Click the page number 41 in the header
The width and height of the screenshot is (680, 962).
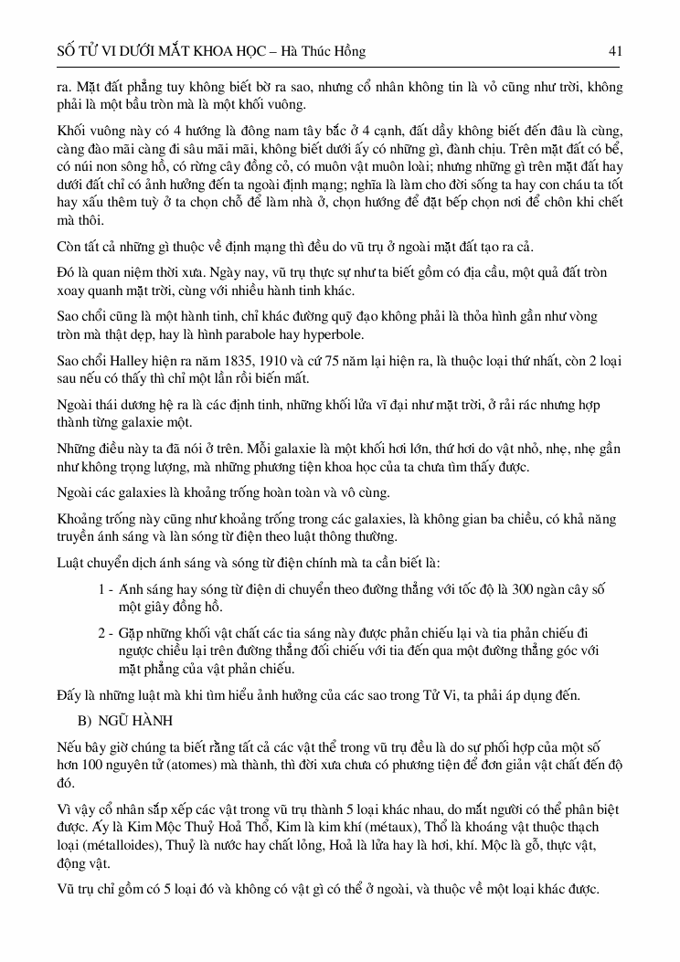[615, 52]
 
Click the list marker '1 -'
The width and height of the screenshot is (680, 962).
[104, 590]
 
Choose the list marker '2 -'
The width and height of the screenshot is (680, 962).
[105, 632]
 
